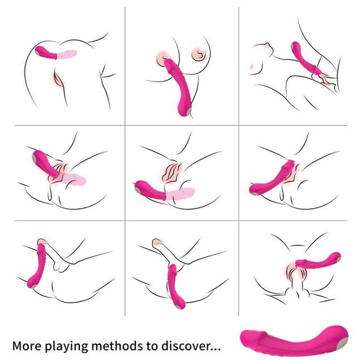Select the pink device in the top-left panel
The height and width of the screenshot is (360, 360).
tap(47, 52)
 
